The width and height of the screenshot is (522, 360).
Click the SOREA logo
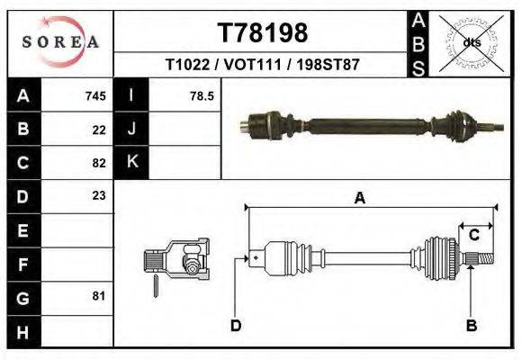coord(60,41)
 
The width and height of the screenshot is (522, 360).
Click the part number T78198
coord(263,33)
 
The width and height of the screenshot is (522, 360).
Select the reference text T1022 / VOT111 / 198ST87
coord(263,66)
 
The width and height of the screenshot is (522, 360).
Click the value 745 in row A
coord(95,95)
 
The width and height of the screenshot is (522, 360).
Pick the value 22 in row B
coord(99,130)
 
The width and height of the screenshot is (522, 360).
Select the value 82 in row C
coord(99,163)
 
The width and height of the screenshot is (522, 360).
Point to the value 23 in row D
coord(99,196)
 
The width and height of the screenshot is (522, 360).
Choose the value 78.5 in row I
coord(201,95)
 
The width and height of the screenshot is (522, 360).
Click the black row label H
coord(22,331)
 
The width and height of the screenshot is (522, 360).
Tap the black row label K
coord(131,163)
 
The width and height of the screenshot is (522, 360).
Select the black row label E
coord(22,230)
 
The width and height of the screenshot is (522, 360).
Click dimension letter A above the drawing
coord(360,199)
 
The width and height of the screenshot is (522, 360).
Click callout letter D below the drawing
coord(235,325)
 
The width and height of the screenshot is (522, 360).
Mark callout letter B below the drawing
coord(471,325)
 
